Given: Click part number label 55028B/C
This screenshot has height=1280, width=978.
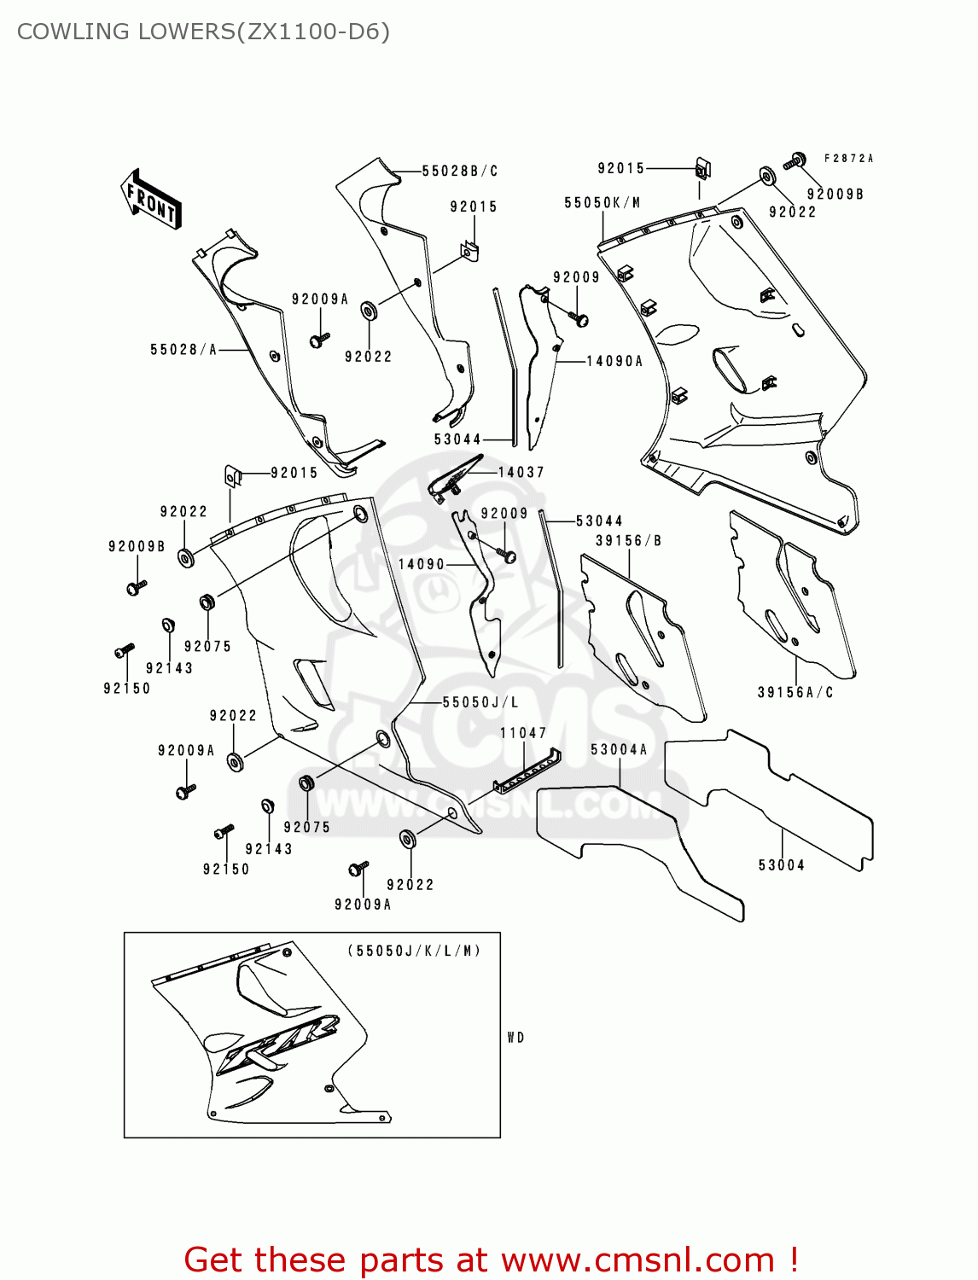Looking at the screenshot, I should tap(460, 171).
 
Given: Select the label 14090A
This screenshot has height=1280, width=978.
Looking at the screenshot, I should tap(614, 361).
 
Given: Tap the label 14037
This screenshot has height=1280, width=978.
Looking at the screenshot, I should tap(521, 472).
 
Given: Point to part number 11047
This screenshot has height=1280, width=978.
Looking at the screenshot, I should tap(523, 733).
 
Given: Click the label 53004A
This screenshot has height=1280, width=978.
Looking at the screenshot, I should tap(619, 749).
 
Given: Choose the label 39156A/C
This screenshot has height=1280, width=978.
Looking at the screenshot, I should tap(795, 692).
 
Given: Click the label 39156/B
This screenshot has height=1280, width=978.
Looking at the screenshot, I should tap(628, 540).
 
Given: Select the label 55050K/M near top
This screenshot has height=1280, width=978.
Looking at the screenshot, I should tap(602, 203).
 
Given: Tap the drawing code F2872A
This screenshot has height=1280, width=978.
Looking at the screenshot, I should tap(848, 158).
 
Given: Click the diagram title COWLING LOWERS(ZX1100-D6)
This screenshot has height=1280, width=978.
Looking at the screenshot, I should tap(203, 32).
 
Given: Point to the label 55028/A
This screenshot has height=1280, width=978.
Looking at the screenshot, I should tap(183, 349).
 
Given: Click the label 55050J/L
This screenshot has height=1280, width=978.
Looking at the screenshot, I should tap(480, 702).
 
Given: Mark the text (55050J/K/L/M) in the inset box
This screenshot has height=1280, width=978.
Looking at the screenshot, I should tap(414, 951).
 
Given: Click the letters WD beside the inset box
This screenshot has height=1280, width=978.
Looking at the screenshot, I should tap(515, 1038).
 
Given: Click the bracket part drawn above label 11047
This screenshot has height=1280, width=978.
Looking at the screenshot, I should tap(527, 771).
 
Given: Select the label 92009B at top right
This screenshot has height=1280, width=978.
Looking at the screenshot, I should tap(835, 195).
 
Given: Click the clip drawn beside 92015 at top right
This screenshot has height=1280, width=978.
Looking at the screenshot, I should tap(702, 169).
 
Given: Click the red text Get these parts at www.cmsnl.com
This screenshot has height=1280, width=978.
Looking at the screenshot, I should tap(491, 1260).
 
